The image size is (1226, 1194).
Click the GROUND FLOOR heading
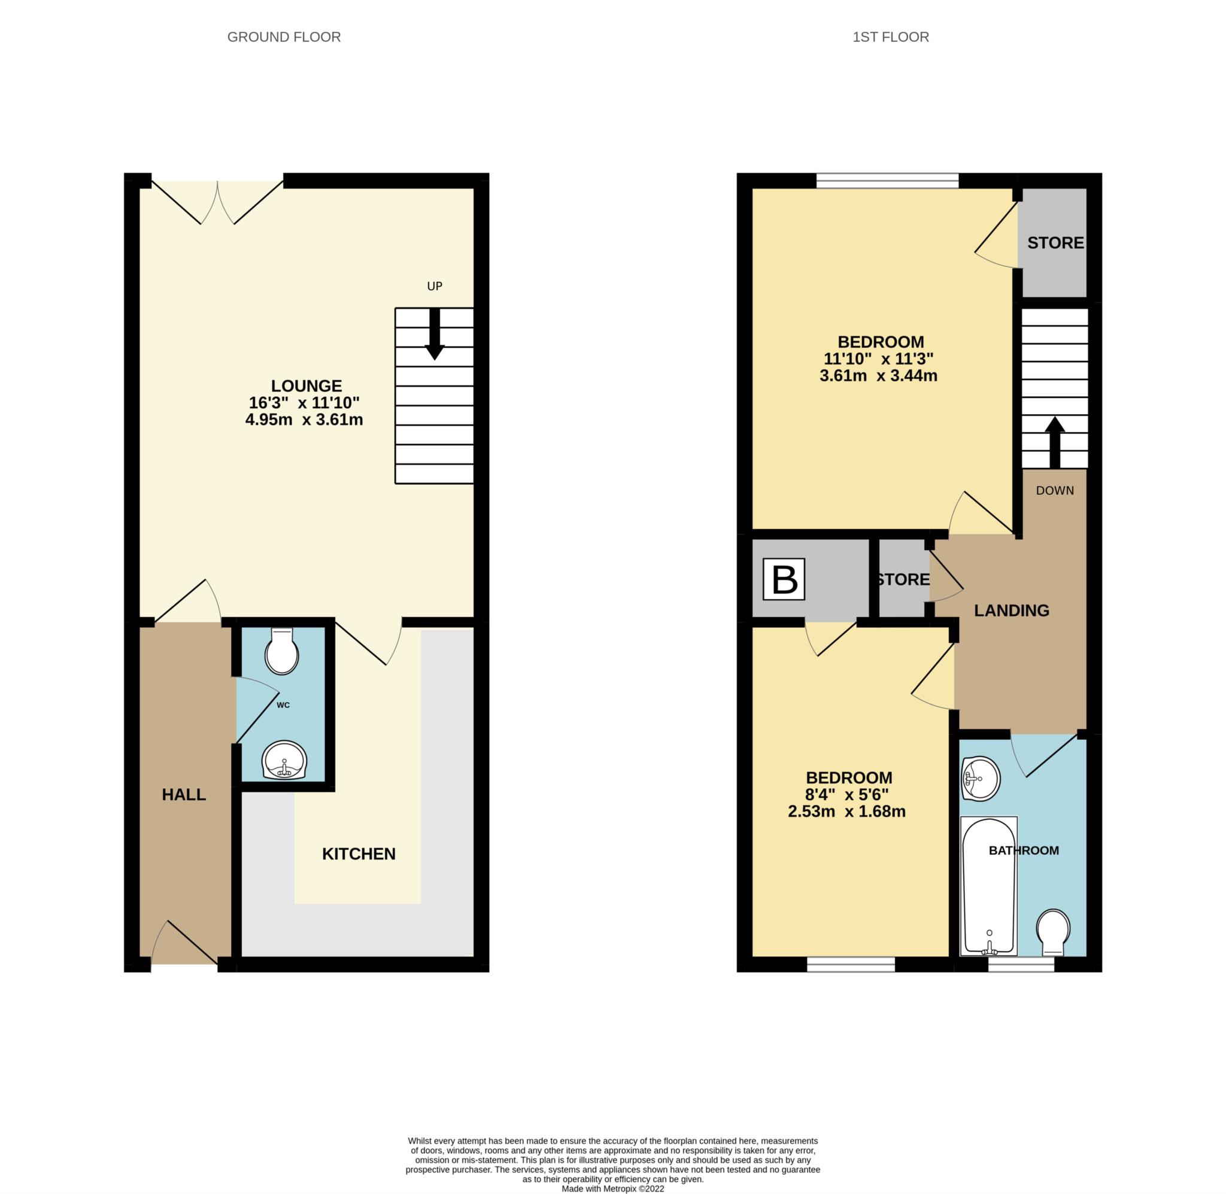(x=284, y=37)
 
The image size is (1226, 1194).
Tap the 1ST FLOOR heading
(x=890, y=37)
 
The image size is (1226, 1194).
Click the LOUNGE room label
(x=306, y=385)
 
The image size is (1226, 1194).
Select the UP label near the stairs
(x=435, y=286)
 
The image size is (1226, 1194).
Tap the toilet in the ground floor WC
(x=281, y=652)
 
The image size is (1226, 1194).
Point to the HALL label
(x=184, y=795)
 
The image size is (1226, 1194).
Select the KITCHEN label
(x=359, y=853)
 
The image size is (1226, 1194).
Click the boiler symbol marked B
(x=784, y=579)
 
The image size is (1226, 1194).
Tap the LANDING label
(x=1011, y=610)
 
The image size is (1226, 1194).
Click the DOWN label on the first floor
(x=1055, y=490)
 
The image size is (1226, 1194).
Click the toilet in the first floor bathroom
(x=1053, y=932)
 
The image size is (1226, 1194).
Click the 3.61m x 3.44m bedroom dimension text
(x=878, y=376)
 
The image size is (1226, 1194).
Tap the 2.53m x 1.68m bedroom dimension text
(x=846, y=812)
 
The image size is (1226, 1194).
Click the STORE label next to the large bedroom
(x=1055, y=242)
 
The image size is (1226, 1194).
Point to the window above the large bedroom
(x=887, y=181)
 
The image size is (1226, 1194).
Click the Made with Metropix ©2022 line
(x=612, y=1189)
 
